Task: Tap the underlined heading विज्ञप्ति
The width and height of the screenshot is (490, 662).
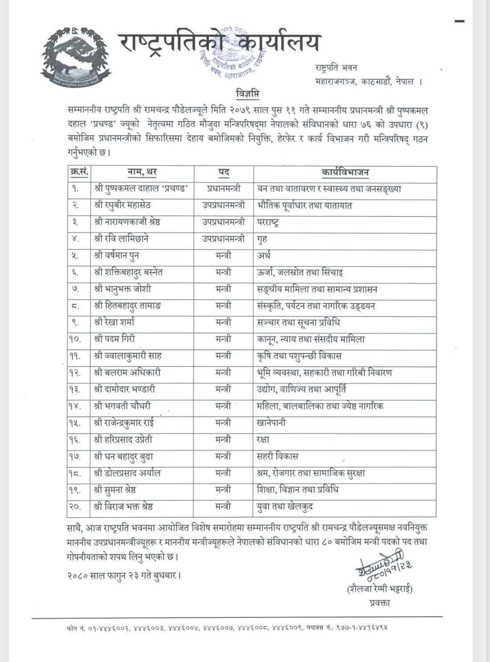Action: point(247,94)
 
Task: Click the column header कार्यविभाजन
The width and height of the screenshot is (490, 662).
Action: point(345,172)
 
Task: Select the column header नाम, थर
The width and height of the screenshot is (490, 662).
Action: point(142,172)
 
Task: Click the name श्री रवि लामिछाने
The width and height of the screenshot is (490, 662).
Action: point(121,239)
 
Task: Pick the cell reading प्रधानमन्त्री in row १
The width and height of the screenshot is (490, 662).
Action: point(224,189)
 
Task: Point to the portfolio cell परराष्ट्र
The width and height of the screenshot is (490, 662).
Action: point(268,222)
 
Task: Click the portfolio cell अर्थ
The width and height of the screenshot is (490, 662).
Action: point(264,256)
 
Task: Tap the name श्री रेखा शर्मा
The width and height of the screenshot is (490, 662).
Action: point(114,322)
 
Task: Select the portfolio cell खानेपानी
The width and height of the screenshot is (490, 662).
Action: point(271,422)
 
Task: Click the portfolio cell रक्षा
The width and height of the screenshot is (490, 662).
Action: point(263,439)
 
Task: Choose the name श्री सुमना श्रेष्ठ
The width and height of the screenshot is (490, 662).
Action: point(115,490)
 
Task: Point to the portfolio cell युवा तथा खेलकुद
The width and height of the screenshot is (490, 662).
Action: point(285,507)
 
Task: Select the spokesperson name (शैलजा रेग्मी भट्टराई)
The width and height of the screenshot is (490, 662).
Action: point(380,589)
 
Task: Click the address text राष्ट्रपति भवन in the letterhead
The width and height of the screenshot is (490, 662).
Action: point(336,68)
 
